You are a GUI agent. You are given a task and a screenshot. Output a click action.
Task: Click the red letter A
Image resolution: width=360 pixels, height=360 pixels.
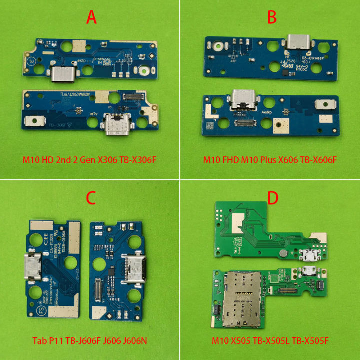click(91, 18)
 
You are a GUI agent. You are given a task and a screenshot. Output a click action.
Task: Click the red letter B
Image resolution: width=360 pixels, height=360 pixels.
click(272, 18)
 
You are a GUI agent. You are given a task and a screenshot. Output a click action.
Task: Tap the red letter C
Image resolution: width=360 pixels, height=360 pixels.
click(90, 198)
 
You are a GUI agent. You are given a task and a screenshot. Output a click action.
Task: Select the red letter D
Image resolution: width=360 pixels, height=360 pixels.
click(272, 198)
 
